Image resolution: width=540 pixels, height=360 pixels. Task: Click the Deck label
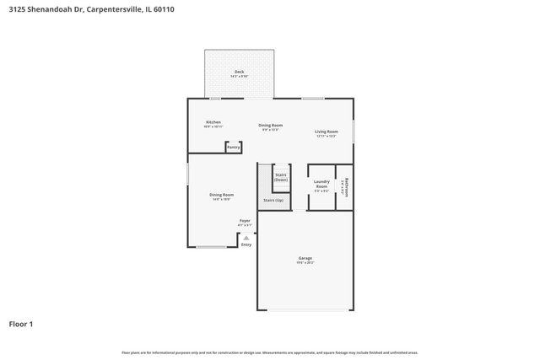point(239,72)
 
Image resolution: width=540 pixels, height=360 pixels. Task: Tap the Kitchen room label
point(213,122)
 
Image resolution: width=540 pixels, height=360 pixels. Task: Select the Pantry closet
point(233,148)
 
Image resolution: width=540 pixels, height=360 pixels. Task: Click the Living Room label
point(327,132)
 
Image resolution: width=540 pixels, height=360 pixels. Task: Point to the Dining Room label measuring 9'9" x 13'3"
point(271,125)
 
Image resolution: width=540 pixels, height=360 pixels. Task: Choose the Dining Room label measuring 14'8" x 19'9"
point(222,195)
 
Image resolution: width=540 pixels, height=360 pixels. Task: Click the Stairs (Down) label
point(281,177)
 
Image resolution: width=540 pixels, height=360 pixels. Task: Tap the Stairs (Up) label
point(273,200)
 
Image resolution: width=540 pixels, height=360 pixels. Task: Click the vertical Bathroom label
point(345,186)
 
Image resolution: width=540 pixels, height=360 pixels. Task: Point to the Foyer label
point(244,221)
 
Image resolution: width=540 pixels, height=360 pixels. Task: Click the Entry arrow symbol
point(246,238)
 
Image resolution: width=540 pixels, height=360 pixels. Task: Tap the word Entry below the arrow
point(246,244)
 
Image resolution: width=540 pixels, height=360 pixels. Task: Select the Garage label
point(305,258)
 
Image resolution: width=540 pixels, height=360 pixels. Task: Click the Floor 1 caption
point(21,323)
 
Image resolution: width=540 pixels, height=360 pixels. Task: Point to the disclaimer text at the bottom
point(269,352)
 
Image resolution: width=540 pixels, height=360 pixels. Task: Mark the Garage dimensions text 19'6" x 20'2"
point(305,263)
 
